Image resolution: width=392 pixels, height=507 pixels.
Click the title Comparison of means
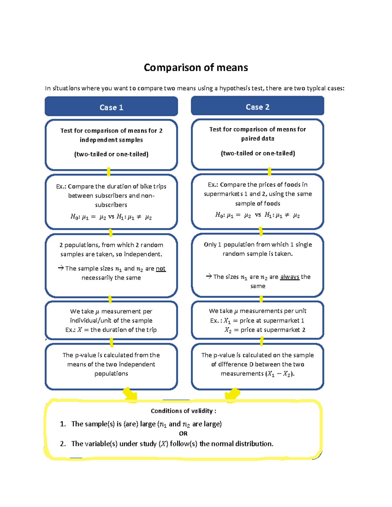pos(196,68)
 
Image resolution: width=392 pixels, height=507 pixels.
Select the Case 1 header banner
pos(111,107)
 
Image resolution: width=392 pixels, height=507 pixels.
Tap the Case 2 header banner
pos(257,107)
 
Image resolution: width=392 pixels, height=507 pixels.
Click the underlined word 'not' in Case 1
pos(160,268)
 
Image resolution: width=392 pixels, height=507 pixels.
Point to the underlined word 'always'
pos(289,277)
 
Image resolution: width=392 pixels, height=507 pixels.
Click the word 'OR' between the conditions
pos(183,434)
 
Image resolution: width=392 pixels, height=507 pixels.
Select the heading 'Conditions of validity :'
pos(183,411)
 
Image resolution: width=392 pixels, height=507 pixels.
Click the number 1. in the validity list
pos(63,424)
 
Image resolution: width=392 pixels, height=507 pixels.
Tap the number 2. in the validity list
pos(63,444)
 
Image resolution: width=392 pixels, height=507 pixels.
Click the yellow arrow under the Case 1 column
pos(130,394)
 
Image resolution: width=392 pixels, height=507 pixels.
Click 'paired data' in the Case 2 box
pos(258,138)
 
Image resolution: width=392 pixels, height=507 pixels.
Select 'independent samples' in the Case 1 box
pos(111,140)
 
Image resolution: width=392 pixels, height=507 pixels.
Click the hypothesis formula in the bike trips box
pos(111,217)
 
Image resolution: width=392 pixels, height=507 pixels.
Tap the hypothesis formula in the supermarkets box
pos(257,215)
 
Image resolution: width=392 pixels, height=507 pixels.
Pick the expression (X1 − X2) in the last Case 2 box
pos(280,374)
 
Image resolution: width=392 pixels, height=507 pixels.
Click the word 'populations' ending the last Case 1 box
pos(111,373)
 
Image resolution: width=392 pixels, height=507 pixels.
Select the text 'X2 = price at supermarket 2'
pos(265,330)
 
